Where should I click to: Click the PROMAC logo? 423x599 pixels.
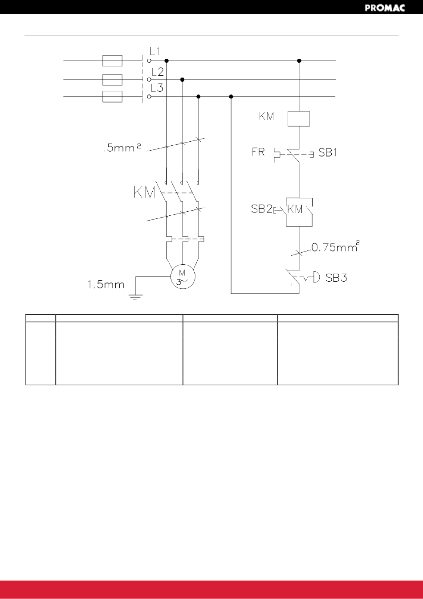[x=385, y=8]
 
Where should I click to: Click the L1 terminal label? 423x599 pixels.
[x=155, y=51]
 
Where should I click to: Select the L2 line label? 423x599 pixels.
[x=157, y=72]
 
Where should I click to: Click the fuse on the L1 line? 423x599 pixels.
[x=113, y=61]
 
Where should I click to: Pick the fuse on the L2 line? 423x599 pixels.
[x=113, y=80]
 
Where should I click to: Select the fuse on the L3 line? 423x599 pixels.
[x=113, y=97]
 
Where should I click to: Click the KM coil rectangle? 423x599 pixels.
[x=299, y=119]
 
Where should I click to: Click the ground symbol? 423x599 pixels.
[x=136, y=297]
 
